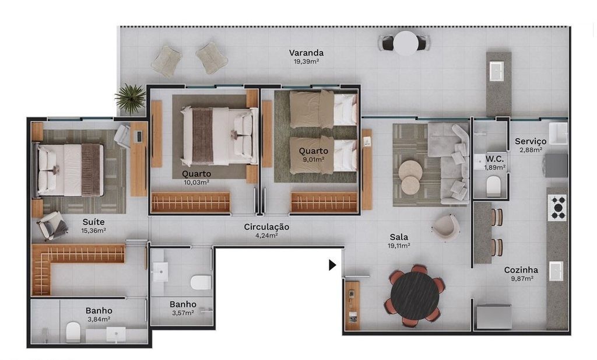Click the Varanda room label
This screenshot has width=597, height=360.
click(306, 53)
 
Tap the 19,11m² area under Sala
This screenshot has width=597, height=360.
click(399, 246)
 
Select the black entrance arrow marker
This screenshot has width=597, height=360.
click(332, 265)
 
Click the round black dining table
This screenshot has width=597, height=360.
click(415, 296)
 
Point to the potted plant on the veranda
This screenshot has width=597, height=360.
click(131, 99)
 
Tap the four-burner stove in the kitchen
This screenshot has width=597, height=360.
click(557, 208)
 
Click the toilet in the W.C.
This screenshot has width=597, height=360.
click(493, 186)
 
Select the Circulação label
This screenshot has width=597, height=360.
click(266, 226)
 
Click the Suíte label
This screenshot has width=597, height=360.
click(93, 222)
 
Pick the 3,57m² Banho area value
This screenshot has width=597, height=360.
click(182, 313)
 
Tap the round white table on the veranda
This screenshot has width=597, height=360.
click(406, 43)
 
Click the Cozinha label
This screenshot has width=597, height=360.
click(521, 270)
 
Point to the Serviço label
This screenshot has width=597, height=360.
click(531, 141)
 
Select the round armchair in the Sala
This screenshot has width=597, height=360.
click(445, 227)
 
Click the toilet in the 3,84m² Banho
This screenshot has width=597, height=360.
click(73, 332)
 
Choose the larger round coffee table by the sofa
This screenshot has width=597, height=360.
click(410, 170)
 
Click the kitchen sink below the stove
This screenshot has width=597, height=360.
click(556, 271)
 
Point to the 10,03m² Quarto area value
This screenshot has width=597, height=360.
click(196, 182)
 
